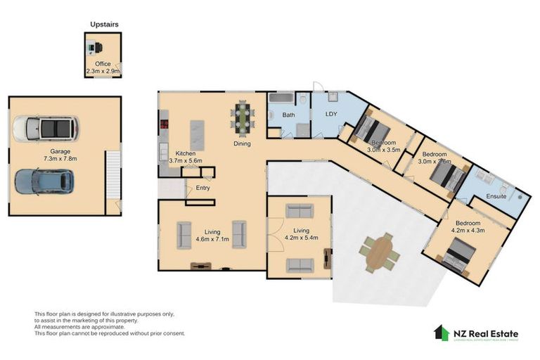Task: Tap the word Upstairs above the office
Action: coord(104,25)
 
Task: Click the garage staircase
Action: coord(112,176)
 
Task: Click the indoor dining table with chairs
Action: coord(243,117)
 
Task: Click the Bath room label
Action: coord(288,115)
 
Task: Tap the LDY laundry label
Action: coord(332,114)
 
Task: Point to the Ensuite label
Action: coord(496,197)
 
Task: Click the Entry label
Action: coord(202,188)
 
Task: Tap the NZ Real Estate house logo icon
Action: coord(442,333)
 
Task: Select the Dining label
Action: coord(242,144)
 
